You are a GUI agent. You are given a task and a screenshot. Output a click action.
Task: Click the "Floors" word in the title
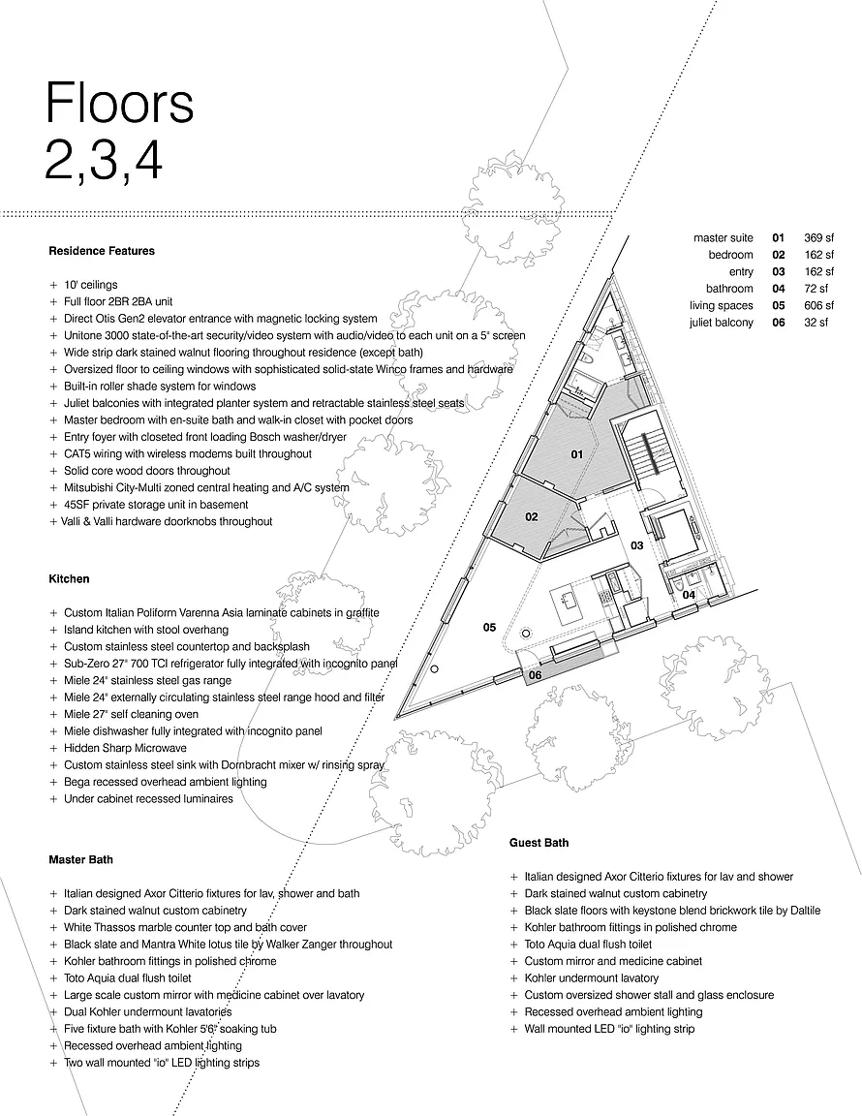click(119, 103)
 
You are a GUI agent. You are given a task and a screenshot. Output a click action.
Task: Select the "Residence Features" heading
click(102, 251)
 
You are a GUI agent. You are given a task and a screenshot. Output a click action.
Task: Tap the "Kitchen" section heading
click(69, 579)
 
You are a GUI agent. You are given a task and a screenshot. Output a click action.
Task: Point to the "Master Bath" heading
click(80, 859)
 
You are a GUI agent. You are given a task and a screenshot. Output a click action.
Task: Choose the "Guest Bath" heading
click(539, 843)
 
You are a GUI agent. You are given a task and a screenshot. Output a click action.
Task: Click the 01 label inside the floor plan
click(575, 453)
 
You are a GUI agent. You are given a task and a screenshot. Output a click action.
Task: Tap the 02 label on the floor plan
click(532, 517)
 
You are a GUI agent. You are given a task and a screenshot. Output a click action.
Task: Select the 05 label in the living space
click(489, 628)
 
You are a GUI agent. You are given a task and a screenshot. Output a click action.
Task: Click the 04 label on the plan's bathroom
click(688, 595)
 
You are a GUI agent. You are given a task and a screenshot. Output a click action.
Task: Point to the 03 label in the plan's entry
click(637, 546)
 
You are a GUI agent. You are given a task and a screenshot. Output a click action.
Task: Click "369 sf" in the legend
click(818, 237)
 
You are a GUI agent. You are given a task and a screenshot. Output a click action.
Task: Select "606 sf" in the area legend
click(818, 305)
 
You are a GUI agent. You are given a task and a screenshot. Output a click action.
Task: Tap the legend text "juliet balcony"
click(722, 323)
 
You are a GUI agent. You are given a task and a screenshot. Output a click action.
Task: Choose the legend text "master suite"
click(723, 237)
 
